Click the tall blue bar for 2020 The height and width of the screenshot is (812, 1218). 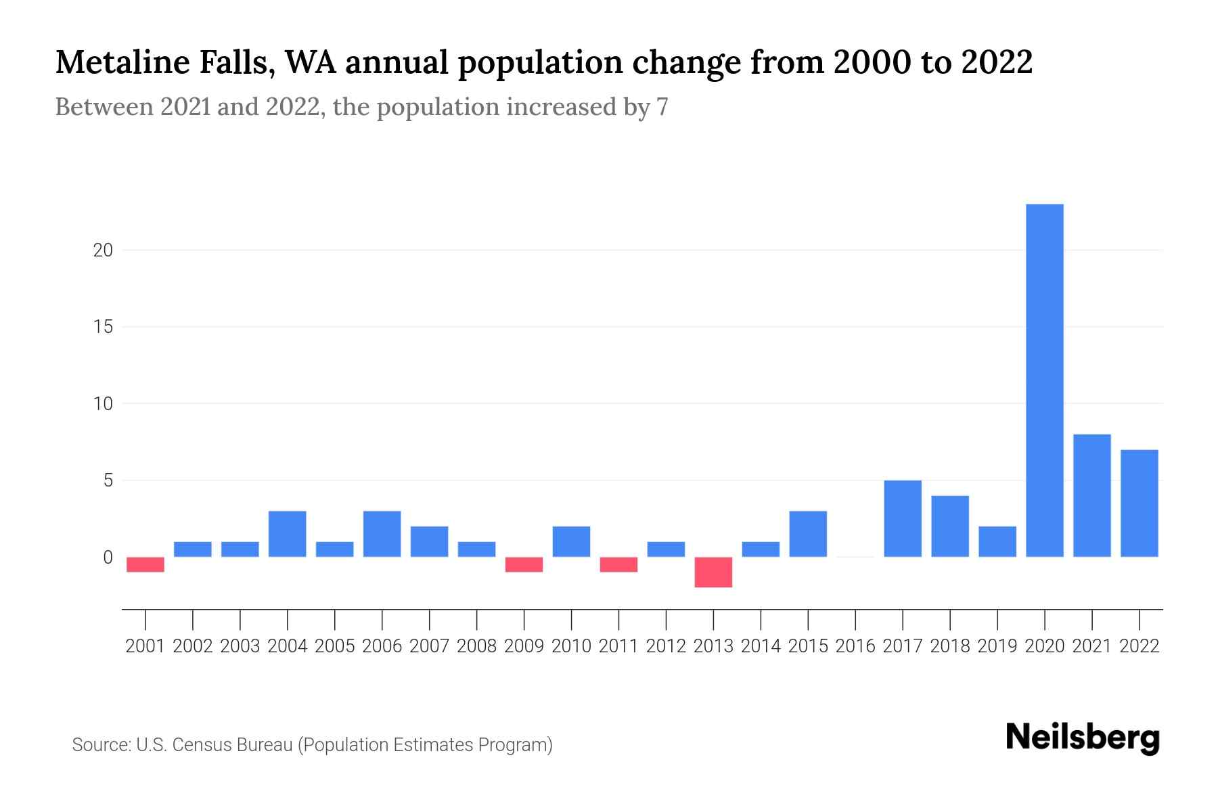pos(1045,380)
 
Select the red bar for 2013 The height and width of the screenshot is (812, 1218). pos(713,572)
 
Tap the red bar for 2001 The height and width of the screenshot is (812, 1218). pos(145,564)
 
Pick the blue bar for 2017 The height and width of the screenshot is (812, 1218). pos(903,518)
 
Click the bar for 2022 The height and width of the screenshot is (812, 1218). pos(1140,503)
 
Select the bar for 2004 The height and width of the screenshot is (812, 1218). pos(288,534)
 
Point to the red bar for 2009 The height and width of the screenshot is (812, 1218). pos(524,564)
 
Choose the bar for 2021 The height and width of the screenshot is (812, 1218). pos(1092,495)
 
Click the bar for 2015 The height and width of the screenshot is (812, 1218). pos(808,534)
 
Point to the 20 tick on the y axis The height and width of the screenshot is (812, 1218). pos(103,250)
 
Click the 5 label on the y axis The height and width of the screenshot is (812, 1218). pos(107,481)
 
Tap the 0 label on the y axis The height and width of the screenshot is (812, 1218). pos(107,558)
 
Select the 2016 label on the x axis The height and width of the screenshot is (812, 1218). pos(855,646)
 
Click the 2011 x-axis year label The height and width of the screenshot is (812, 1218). pos(618,646)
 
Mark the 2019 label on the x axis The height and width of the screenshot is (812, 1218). pos(997,646)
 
